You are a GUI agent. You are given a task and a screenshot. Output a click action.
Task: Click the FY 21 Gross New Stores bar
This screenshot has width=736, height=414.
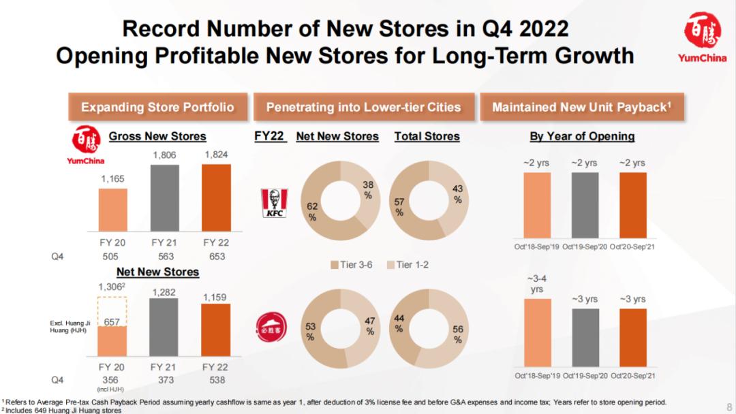(164, 197)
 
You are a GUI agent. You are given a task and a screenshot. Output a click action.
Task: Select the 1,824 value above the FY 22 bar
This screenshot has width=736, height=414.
(217, 155)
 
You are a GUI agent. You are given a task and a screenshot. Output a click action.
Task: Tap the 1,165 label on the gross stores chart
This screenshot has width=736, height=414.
(112, 178)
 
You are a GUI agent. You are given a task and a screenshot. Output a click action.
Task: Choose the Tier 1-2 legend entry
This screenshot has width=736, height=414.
(408, 264)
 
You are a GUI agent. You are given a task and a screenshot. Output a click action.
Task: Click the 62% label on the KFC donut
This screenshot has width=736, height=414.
(312, 212)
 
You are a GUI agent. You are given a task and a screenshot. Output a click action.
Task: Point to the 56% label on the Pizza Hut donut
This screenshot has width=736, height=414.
(458, 334)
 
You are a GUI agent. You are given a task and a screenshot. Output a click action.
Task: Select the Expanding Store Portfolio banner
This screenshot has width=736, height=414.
(157, 107)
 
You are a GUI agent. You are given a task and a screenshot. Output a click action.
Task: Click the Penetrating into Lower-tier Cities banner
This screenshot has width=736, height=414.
(363, 107)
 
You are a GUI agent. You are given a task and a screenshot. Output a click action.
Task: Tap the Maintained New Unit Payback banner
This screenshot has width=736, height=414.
(582, 107)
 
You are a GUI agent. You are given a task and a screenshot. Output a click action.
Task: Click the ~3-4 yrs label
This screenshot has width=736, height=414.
(537, 283)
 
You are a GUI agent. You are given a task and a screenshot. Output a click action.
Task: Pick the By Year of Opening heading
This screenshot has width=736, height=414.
(582, 136)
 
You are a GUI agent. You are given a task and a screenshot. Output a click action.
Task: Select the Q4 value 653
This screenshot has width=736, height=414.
(217, 257)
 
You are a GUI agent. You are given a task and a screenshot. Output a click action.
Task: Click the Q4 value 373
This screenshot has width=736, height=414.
(164, 380)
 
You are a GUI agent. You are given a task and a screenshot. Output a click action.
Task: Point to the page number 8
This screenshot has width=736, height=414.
(729, 402)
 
